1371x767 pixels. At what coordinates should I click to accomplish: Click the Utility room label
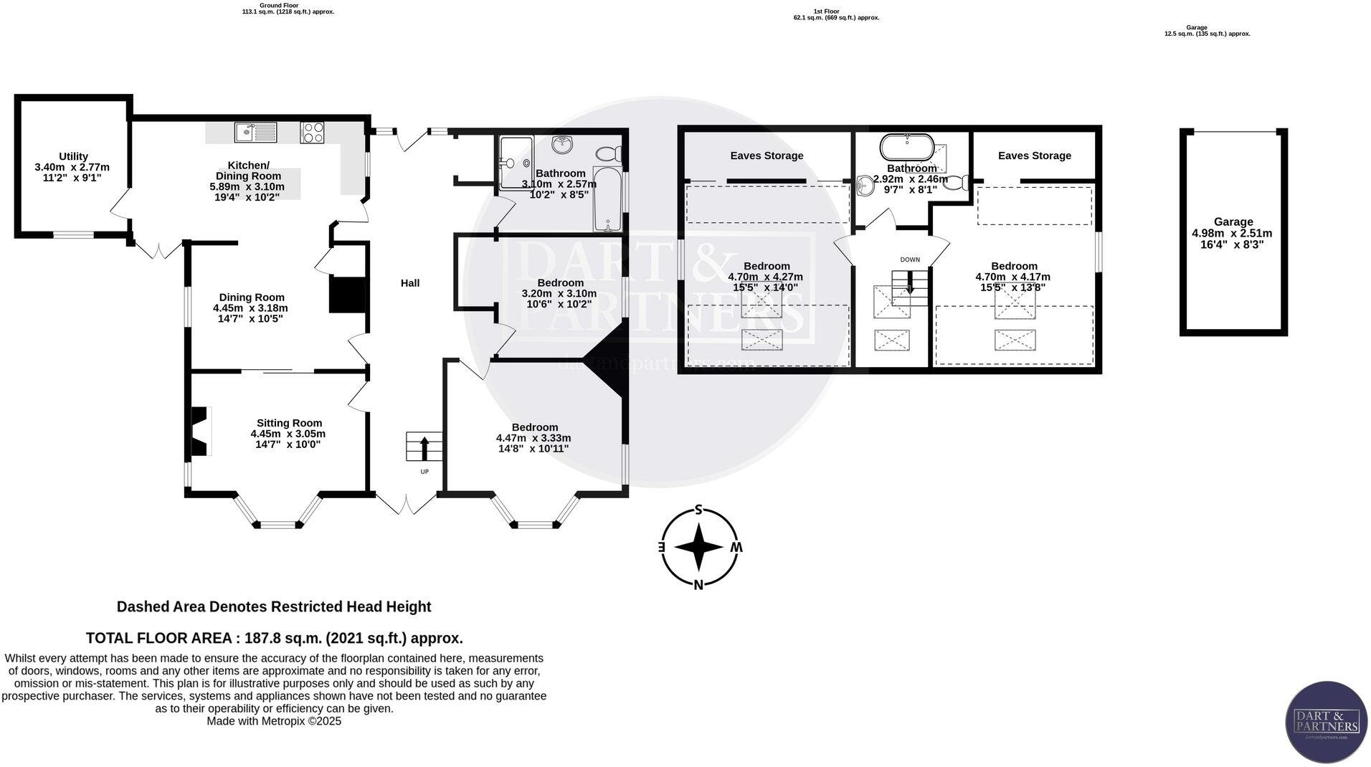click(73, 156)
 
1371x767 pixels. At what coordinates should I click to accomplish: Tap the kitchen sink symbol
click(255, 133)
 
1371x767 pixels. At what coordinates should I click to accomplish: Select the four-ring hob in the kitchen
click(312, 133)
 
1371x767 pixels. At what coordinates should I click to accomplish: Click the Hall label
click(409, 283)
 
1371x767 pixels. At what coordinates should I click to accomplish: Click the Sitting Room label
click(289, 423)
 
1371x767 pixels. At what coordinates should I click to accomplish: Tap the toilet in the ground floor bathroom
click(610, 153)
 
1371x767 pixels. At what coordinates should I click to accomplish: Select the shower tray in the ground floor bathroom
click(515, 163)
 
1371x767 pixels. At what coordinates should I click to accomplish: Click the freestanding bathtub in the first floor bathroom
click(907, 147)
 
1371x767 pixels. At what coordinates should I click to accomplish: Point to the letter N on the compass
click(698, 585)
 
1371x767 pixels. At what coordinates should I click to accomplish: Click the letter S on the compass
click(698, 510)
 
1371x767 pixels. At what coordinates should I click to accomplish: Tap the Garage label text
click(1233, 222)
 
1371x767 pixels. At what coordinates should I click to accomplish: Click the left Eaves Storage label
click(767, 156)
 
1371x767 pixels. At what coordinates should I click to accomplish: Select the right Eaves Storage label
click(1034, 156)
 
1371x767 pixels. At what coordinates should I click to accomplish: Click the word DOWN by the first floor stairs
click(910, 259)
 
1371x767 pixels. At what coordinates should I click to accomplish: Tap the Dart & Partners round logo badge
click(1326, 722)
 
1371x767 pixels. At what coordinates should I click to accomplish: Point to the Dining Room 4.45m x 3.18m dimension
click(250, 308)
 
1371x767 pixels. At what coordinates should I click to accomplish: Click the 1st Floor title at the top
click(826, 11)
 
